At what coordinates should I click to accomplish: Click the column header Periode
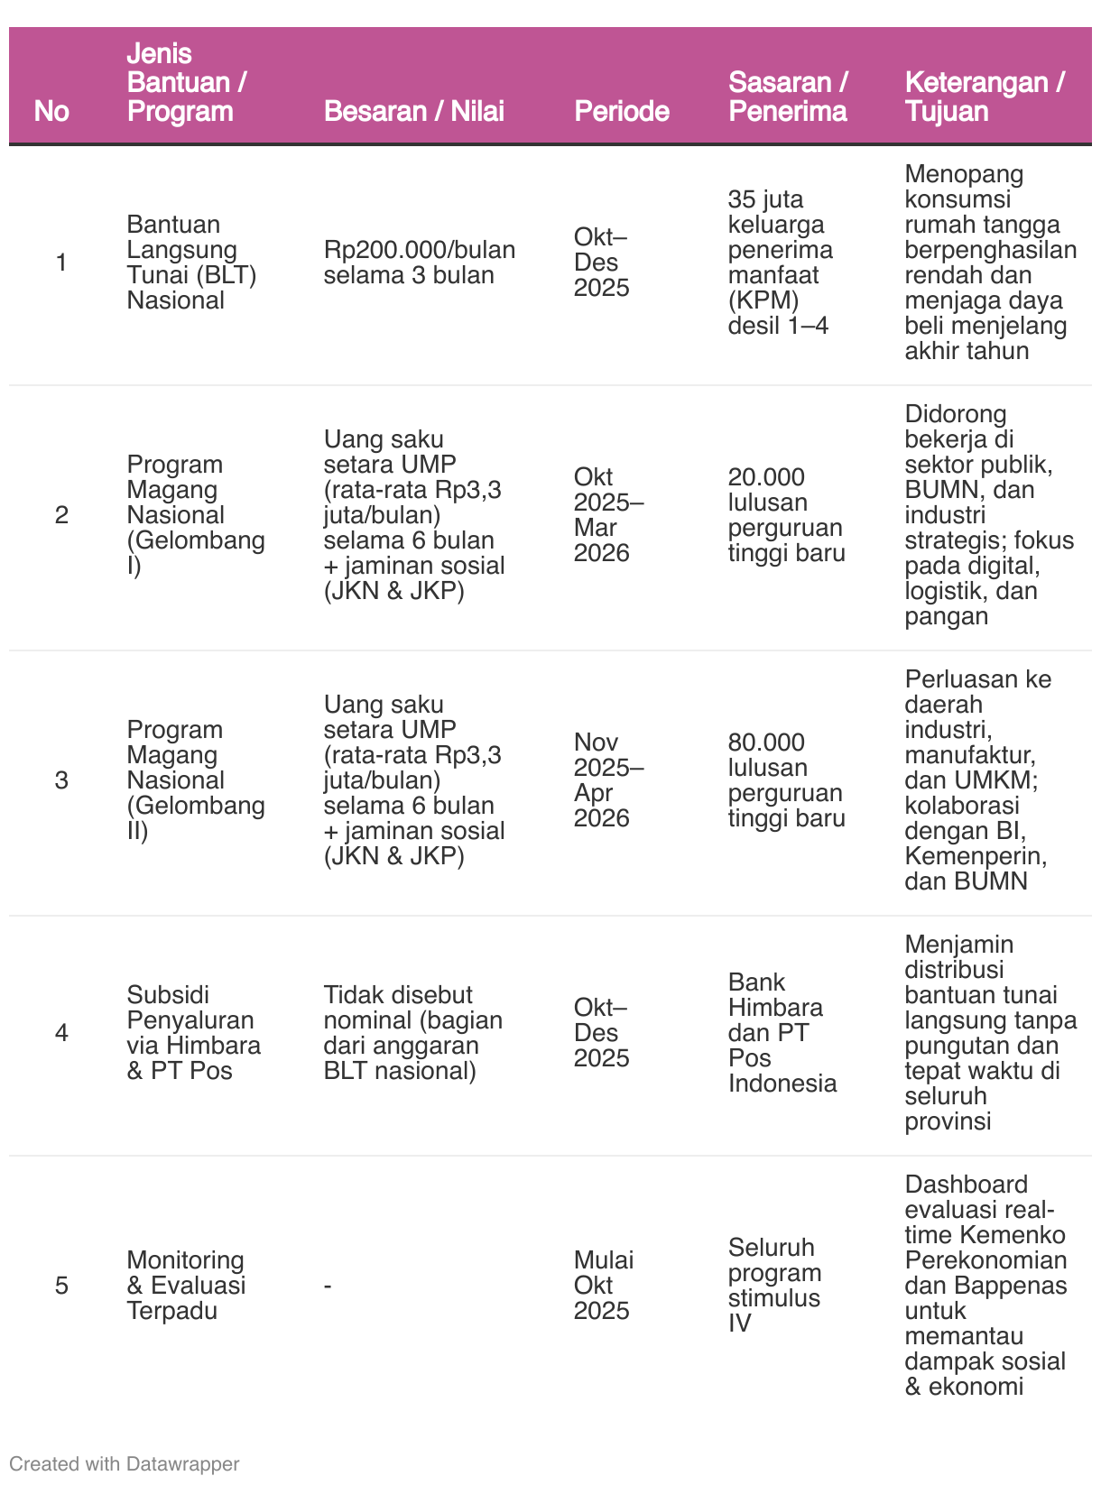pyautogui.click(x=622, y=111)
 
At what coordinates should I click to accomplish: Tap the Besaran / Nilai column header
pyautogui.click(x=413, y=111)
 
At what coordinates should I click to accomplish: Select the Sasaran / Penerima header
pyautogui.click(x=788, y=97)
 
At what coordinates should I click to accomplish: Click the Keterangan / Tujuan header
pyautogui.click(x=985, y=97)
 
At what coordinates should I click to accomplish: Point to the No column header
pyautogui.click(x=51, y=111)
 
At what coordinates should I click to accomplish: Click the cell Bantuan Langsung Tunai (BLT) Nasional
pyautogui.click(x=191, y=262)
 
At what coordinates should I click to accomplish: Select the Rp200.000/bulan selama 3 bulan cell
pyautogui.click(x=419, y=262)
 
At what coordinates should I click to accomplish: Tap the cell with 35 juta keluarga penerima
pyautogui.click(x=780, y=262)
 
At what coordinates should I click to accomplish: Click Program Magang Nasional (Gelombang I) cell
pyautogui.click(x=196, y=514)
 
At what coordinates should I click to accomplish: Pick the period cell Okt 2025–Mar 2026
pyautogui.click(x=608, y=514)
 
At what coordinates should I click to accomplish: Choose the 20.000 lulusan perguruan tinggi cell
pyautogui.click(x=786, y=514)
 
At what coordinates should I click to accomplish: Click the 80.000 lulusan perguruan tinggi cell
pyautogui.click(x=786, y=779)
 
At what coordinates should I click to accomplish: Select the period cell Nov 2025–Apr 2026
pyautogui.click(x=608, y=779)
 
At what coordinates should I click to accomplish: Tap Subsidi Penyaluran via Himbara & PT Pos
pyautogui.click(x=193, y=1032)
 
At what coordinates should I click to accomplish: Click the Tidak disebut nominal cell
pyautogui.click(x=412, y=1032)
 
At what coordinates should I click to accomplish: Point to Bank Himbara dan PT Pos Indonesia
pyautogui.click(x=782, y=1032)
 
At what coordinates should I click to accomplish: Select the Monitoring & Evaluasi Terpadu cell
pyautogui.click(x=186, y=1285)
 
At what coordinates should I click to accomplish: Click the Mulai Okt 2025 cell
pyautogui.click(x=603, y=1285)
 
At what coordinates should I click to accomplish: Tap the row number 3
pyautogui.click(x=61, y=779)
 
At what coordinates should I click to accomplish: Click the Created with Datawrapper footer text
pyautogui.click(x=125, y=1463)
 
